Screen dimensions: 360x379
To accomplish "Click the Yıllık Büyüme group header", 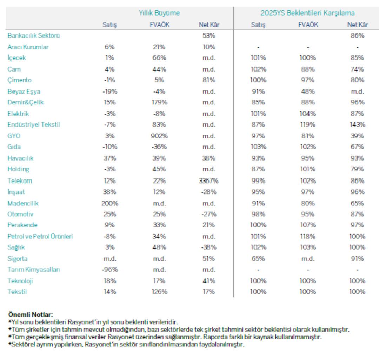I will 159,13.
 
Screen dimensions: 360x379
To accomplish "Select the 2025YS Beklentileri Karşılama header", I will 307,13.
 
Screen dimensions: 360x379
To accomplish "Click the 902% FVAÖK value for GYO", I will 159,136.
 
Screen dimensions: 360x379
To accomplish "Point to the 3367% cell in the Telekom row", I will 208,181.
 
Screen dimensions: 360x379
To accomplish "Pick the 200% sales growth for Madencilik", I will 109,203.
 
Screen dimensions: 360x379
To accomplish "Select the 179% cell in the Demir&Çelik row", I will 159,102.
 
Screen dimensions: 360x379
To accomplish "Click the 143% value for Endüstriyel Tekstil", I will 357,124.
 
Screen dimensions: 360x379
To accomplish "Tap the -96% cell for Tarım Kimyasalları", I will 109,270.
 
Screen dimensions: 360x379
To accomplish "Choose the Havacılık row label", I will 20,158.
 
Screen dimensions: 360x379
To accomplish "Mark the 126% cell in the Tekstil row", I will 159,292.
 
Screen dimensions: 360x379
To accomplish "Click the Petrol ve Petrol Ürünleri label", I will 40,236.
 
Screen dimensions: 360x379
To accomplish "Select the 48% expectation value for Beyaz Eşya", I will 307,91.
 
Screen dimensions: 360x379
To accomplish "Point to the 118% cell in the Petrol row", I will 307,236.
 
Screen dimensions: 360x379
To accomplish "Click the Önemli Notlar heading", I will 31,315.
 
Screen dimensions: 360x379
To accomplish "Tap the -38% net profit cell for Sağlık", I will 209,247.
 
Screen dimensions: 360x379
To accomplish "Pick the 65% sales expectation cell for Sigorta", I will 258,259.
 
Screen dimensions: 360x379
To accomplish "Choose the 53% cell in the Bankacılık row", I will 209,35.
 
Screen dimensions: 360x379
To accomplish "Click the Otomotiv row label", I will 20,214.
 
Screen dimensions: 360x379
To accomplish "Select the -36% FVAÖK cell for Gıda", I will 159,147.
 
